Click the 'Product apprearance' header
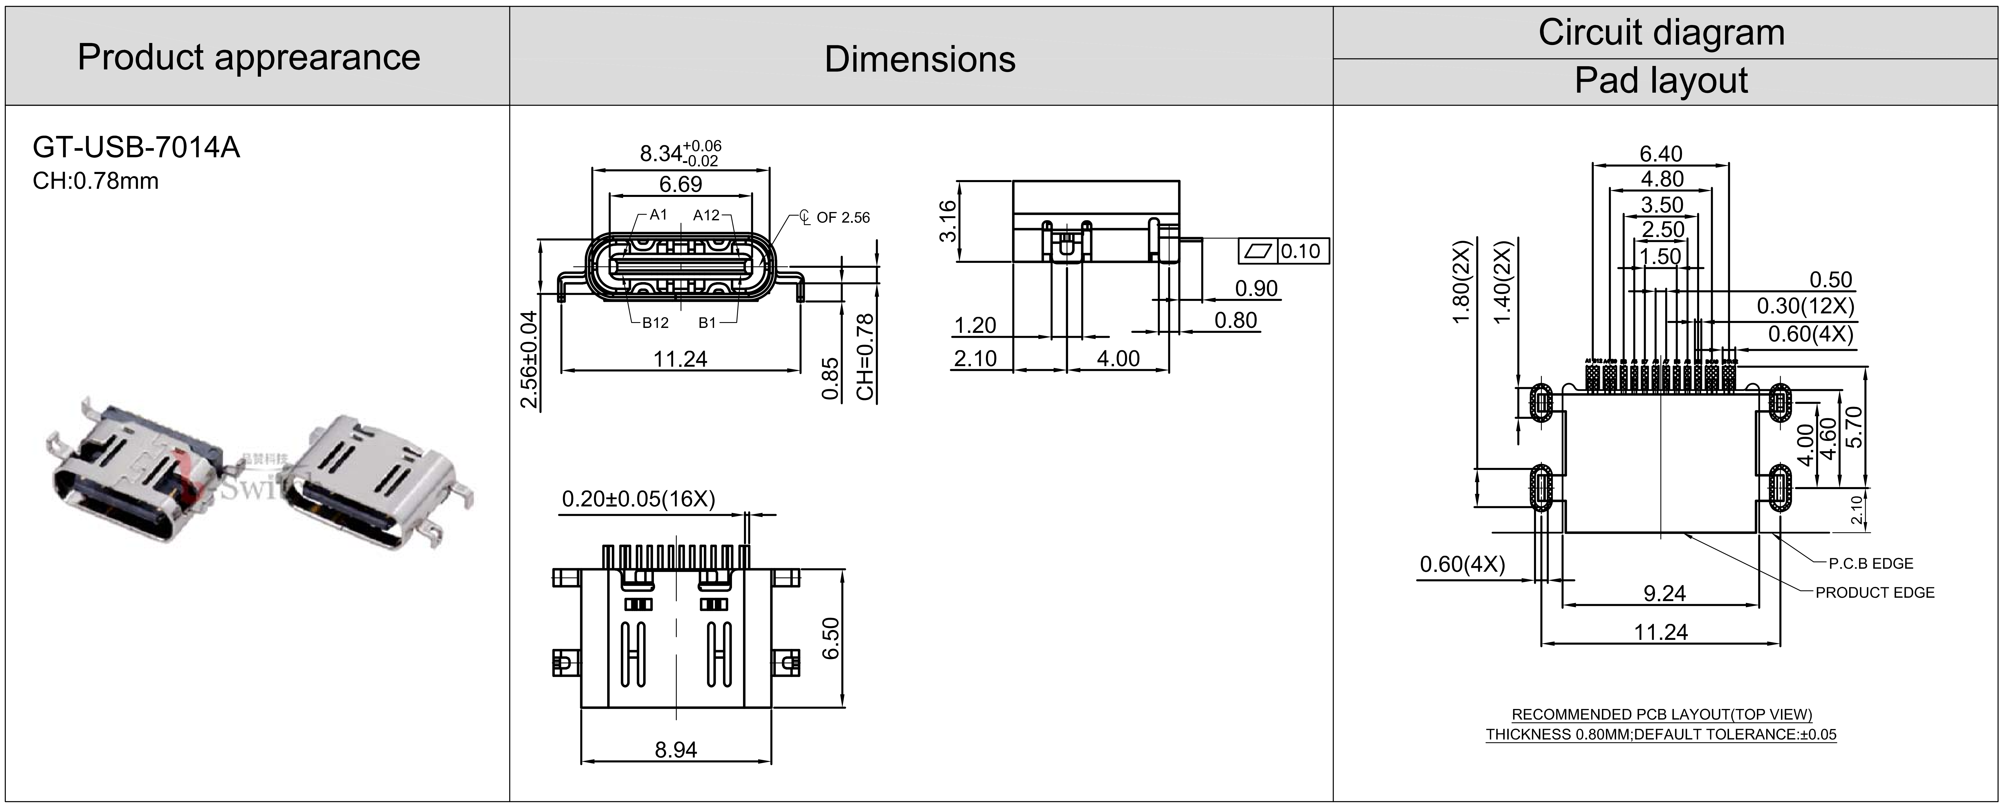(249, 58)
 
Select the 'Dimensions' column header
(920, 59)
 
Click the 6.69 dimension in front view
(680, 184)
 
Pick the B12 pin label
(655, 323)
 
